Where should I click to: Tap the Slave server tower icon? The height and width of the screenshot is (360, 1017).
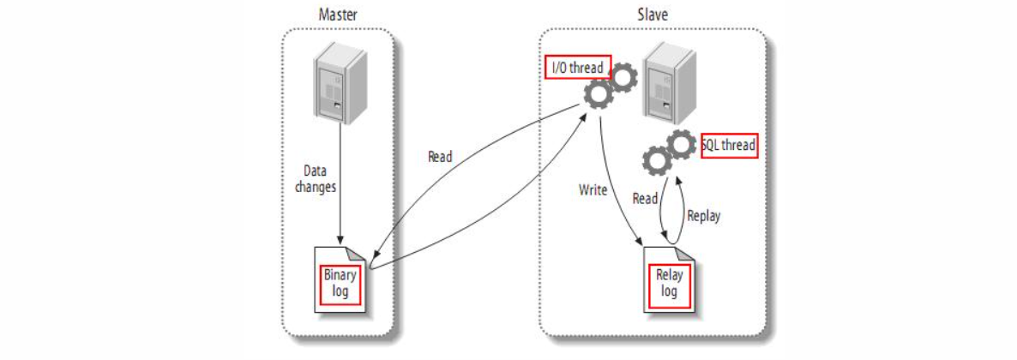click(x=667, y=83)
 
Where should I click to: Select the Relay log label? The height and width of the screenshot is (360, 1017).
click(x=669, y=284)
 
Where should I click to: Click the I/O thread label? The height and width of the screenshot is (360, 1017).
click(x=576, y=67)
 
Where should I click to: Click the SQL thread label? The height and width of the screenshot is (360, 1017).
click(x=729, y=145)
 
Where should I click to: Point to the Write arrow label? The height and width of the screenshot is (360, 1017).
click(x=593, y=189)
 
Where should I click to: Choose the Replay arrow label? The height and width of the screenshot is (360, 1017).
click(x=703, y=217)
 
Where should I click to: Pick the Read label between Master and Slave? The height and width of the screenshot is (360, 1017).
click(x=440, y=157)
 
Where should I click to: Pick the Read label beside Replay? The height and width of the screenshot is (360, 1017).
click(x=645, y=199)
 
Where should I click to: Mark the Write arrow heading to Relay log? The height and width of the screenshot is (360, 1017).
click(x=616, y=197)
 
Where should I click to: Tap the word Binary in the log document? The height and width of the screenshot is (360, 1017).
click(x=340, y=275)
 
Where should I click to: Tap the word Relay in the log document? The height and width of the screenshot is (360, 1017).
click(x=669, y=276)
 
